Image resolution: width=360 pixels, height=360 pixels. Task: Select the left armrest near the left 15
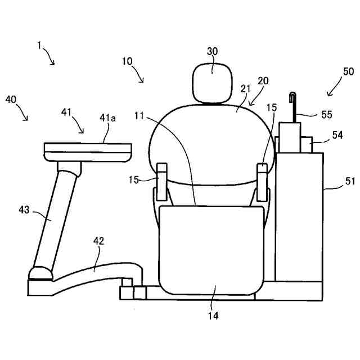click(x=161, y=181)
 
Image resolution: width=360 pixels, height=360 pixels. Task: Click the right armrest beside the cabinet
click(x=262, y=181)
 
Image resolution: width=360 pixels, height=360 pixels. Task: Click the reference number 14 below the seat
click(x=213, y=316)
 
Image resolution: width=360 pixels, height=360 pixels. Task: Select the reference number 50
click(x=348, y=71)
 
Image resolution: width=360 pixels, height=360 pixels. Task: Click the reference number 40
click(x=11, y=100)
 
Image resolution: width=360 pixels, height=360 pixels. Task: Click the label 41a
click(x=108, y=118)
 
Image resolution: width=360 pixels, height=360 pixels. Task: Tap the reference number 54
click(x=337, y=135)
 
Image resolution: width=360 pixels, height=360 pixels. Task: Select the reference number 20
click(x=263, y=80)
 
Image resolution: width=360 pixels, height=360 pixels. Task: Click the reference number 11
click(x=139, y=116)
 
